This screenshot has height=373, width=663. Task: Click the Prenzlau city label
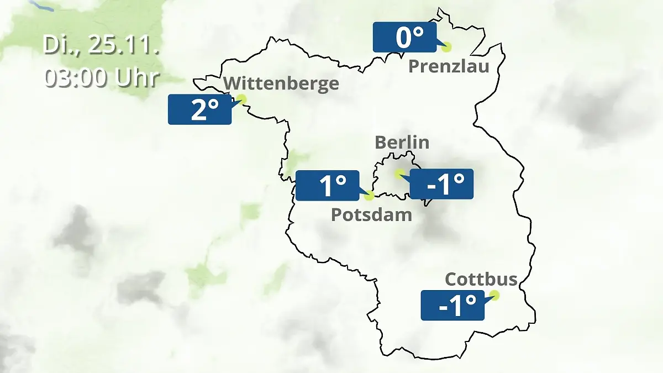(x=449, y=67)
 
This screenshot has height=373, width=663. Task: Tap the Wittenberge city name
(x=282, y=83)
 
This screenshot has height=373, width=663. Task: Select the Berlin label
(x=402, y=142)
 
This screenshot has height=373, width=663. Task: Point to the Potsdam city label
(x=371, y=214)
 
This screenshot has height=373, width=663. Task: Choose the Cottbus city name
(x=481, y=279)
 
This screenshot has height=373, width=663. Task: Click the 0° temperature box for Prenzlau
(x=404, y=38)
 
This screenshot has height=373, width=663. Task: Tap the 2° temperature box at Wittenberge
(x=199, y=109)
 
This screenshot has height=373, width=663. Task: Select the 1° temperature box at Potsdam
(x=328, y=185)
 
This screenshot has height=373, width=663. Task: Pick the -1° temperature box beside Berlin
(x=441, y=184)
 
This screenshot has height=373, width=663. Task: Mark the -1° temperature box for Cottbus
(x=452, y=305)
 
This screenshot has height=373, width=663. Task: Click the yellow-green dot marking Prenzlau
(x=446, y=47)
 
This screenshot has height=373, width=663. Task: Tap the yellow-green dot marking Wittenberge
(x=241, y=99)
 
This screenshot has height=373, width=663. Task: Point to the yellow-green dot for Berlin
(x=399, y=174)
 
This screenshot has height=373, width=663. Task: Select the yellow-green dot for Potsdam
(x=369, y=195)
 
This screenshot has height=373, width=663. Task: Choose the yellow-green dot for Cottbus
(x=494, y=295)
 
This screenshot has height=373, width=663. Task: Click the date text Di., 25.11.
(x=101, y=45)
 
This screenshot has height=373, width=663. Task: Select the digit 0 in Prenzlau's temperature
(x=403, y=38)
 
